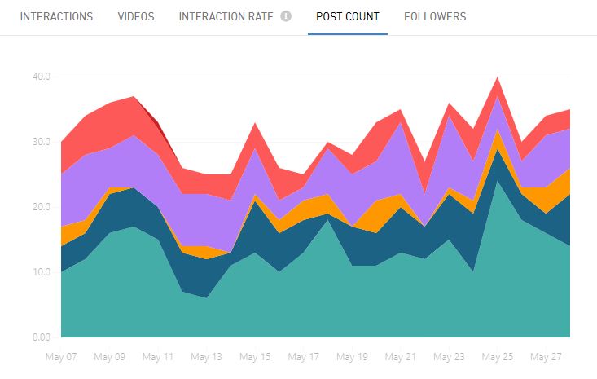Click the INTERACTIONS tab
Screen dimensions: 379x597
56,16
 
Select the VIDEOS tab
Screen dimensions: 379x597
136,16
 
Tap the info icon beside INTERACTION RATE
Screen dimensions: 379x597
286,16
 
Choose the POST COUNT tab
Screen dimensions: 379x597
348,16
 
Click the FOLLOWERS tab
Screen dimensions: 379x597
435,16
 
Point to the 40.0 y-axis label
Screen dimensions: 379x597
41,77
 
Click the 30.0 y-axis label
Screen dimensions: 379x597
41,142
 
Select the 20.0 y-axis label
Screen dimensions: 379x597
41,207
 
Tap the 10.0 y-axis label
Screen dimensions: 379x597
41,272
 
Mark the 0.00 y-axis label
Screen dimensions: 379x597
41,337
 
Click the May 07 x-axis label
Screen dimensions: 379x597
61,357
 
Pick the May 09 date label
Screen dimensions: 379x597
109,357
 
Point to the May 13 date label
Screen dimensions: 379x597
206,357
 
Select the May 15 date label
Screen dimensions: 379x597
255,357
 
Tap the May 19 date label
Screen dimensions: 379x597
352,357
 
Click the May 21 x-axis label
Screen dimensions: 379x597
400,357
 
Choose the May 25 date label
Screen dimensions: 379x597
497,357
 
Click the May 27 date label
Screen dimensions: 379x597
545,357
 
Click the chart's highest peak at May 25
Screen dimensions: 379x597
497,77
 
